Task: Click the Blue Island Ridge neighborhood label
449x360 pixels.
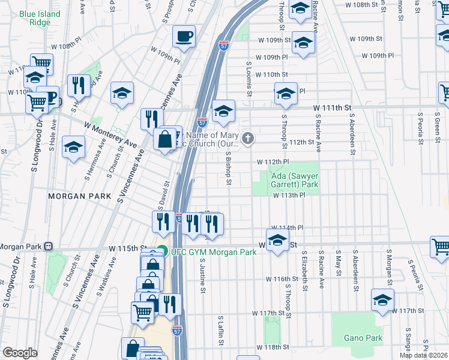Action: click(40, 18)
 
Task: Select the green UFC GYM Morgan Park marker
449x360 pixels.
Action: click(163, 251)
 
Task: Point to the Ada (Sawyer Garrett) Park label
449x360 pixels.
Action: click(294, 181)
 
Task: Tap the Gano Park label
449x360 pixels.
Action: click(363, 338)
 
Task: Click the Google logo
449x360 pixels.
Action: click(20, 353)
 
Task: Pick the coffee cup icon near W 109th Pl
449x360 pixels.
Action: click(184, 37)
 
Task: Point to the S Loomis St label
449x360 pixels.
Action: click(248, 79)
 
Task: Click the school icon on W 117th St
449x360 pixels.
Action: click(382, 300)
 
